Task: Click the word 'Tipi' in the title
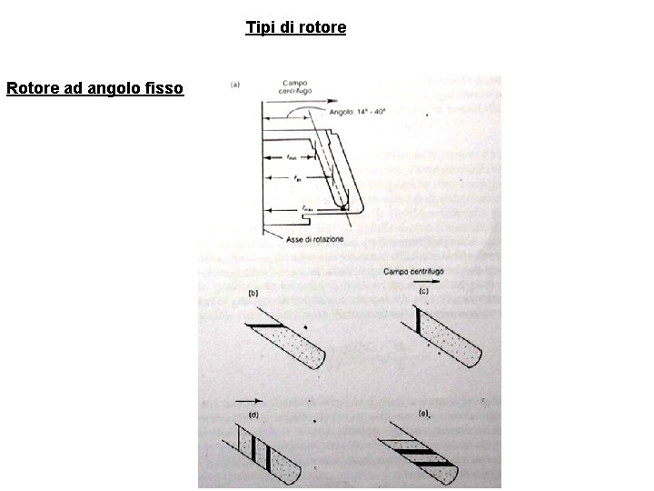(258, 27)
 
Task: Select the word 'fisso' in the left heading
(163, 88)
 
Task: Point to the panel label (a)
(234, 85)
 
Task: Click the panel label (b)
(254, 293)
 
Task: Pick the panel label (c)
(423, 291)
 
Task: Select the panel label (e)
(423, 414)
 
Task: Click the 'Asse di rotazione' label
(313, 239)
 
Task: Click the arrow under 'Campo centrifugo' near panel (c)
(431, 281)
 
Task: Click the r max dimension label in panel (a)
(309, 209)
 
